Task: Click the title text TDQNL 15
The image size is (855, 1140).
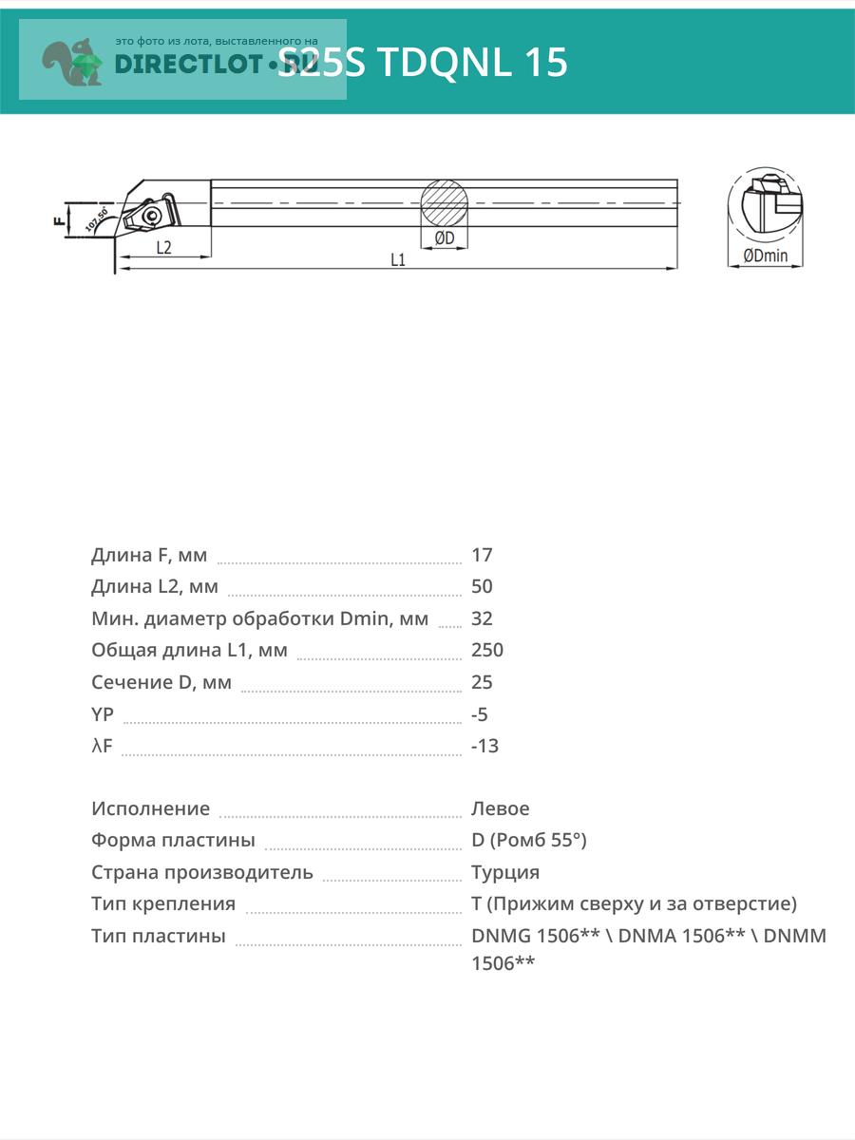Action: click(473, 62)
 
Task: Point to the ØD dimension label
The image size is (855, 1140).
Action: click(444, 237)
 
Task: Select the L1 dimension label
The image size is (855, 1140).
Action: click(398, 259)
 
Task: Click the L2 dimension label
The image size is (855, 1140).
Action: click(163, 247)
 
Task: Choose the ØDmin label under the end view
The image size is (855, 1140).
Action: click(766, 256)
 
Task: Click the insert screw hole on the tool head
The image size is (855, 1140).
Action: click(151, 216)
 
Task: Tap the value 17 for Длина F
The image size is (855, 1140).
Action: click(482, 555)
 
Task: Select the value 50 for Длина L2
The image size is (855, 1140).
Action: click(482, 586)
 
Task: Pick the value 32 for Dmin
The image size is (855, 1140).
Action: click(482, 618)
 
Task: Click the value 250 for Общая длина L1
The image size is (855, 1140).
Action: click(487, 650)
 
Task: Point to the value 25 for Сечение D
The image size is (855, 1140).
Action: click(482, 682)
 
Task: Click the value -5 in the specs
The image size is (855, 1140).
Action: click(480, 714)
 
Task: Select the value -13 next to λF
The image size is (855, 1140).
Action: click(484, 746)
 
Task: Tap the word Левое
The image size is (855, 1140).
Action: click(501, 808)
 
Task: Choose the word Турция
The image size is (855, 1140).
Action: click(505, 872)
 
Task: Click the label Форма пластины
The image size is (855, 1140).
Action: click(173, 840)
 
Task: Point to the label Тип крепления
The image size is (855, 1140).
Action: click(163, 903)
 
